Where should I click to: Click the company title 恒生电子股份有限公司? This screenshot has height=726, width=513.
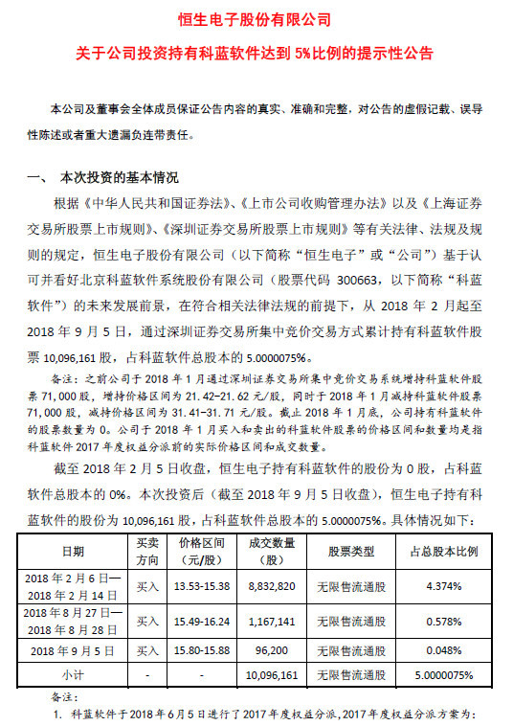tap(256, 19)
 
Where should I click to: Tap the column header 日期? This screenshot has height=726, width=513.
tap(73, 552)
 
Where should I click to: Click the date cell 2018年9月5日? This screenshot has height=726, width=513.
tap(73, 647)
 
